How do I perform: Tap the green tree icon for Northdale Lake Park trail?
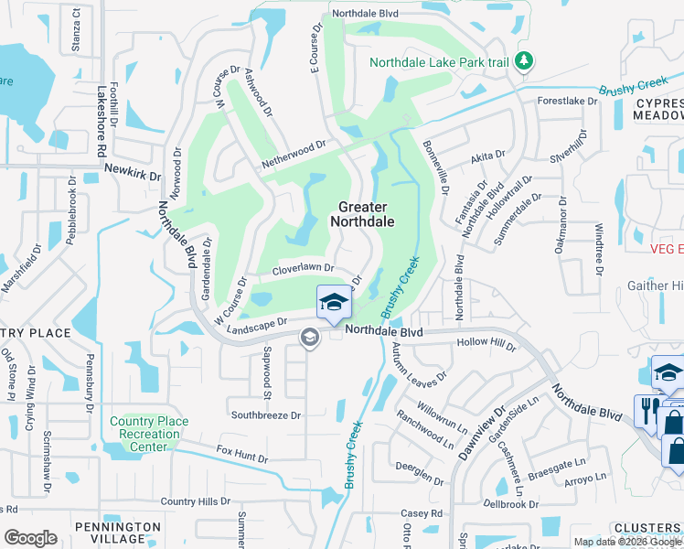point(523,61)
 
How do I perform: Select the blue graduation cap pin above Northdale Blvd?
point(334,302)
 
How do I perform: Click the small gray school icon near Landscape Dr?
point(309,339)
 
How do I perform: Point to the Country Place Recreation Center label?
point(149,434)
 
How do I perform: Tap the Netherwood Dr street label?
point(294,151)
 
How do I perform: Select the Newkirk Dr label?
point(133,171)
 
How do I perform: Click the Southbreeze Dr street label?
point(265,414)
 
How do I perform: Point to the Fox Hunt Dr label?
point(242,454)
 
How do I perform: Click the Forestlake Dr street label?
point(567,102)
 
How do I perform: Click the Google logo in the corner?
point(30,537)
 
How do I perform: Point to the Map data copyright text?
point(627,542)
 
